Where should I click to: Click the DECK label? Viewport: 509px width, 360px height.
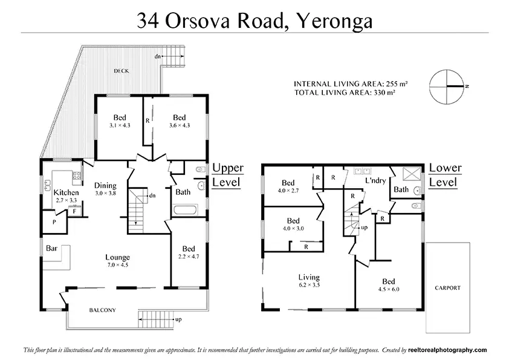tap(121, 71)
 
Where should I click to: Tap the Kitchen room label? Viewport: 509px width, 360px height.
tap(66, 192)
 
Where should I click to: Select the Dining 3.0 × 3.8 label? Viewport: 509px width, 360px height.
tap(105, 189)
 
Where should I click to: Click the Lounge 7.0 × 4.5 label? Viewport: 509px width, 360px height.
tap(117, 261)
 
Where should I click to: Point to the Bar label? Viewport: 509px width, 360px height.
tap(51, 248)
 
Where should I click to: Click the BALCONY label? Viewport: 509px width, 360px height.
tap(103, 310)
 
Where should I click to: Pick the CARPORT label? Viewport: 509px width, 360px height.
tap(448, 288)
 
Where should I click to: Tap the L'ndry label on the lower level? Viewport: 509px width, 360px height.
tap(375, 180)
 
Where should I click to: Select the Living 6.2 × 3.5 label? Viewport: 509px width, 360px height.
tap(309, 281)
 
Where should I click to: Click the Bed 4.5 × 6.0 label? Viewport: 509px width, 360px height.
tap(389, 285)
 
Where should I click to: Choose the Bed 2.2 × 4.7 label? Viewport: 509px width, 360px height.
tap(189, 252)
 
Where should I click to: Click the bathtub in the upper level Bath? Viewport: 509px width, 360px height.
tap(186, 210)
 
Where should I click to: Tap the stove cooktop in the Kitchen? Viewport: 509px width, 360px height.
tap(77, 176)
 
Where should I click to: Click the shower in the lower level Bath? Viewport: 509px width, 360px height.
tap(412, 174)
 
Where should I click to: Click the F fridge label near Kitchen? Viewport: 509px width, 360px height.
tap(74, 212)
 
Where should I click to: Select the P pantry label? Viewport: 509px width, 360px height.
tap(54, 222)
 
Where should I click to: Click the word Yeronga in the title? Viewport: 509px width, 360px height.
tap(335, 21)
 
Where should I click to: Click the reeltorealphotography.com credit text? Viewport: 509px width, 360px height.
tap(447, 350)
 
